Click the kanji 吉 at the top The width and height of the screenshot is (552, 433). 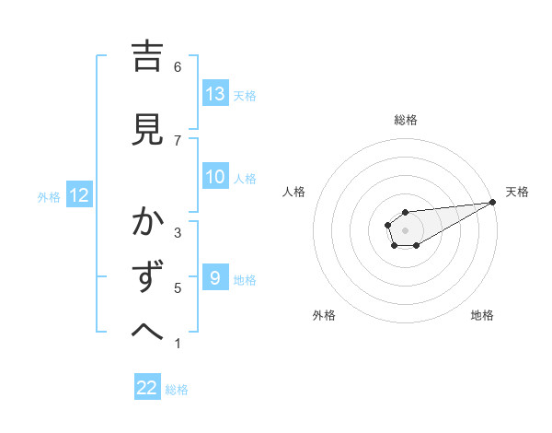tap(147, 57)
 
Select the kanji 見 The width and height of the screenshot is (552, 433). tap(147, 130)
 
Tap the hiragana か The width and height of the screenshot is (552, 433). tap(147, 222)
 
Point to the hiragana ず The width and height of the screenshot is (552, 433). tap(147, 277)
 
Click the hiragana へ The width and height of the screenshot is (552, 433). tap(147, 330)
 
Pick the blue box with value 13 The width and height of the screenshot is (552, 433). tap(215, 94)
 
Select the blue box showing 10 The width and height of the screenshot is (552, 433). tap(215, 178)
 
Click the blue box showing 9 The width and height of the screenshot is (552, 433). tap(215, 278)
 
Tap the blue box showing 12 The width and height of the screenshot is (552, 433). tap(78, 195)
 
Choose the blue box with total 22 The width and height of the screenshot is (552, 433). tap(147, 388)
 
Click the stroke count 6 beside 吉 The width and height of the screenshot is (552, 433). tap(178, 66)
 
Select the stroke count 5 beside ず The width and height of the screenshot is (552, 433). tap(178, 288)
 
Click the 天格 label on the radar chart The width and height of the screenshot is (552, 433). tap(517, 192)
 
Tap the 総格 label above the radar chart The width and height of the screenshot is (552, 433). tap(406, 120)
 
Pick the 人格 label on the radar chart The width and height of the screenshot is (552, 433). tap(294, 192)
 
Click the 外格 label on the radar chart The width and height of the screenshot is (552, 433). tap(324, 315)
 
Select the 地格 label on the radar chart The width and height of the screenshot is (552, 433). tap(482, 315)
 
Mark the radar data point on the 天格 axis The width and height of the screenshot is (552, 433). tap(493, 202)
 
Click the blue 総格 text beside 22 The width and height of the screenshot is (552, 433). tap(177, 390)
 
